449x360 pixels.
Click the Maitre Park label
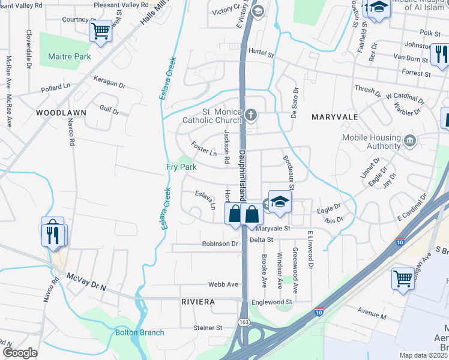pyautogui.click(x=69, y=56)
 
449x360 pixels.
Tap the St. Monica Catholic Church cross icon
pyautogui.click(x=252, y=113)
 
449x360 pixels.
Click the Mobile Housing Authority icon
pyautogui.click(x=410, y=142)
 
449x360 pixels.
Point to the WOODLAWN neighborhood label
pyautogui.click(x=61, y=112)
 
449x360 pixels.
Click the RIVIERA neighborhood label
pyautogui.click(x=198, y=302)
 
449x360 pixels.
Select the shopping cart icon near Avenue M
pyautogui.click(x=403, y=278)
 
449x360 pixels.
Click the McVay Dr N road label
pyautogui.click(x=86, y=282)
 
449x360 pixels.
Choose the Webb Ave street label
pyautogui.click(x=223, y=284)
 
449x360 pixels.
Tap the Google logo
pyautogui.click(x=20, y=352)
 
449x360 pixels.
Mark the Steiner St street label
pyautogui.click(x=208, y=328)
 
